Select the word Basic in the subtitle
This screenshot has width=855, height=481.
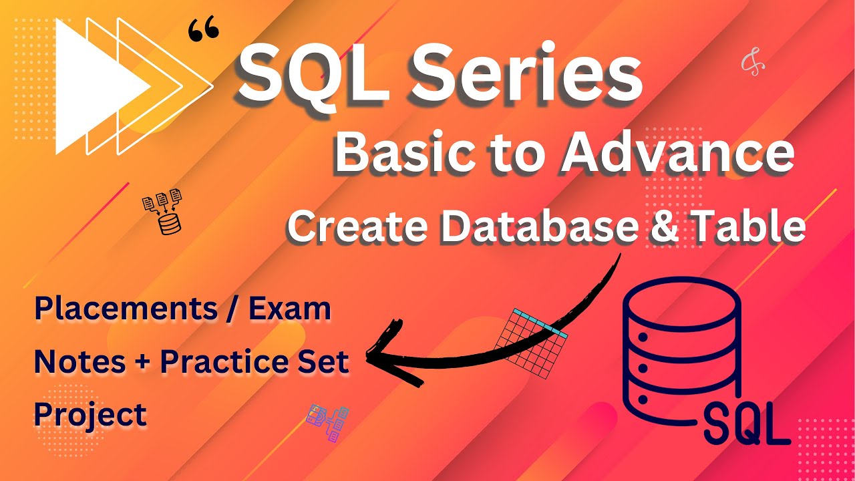pyautogui.click(x=398, y=154)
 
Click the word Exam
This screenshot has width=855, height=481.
pyautogui.click(x=291, y=309)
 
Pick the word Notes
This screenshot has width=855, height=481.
pyautogui.click(x=80, y=361)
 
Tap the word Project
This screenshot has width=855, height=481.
pyautogui.click(x=90, y=414)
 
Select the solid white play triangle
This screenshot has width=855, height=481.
pyautogui.click(x=94, y=86)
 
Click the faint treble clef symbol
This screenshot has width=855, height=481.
pyautogui.click(x=753, y=64)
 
